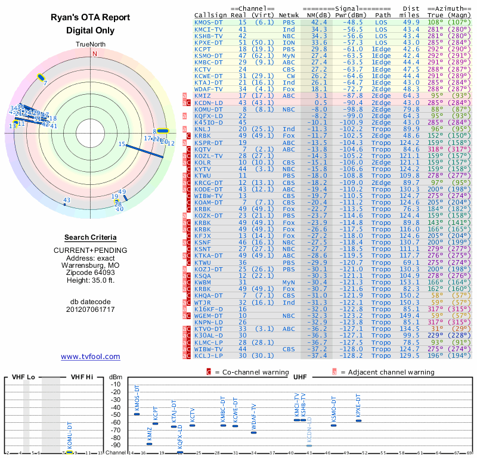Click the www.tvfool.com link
[x=90, y=357]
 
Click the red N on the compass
[x=94, y=53]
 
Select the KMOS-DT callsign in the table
[x=209, y=22]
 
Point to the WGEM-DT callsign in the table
[x=209, y=315]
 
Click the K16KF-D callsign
[x=209, y=309]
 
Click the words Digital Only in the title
[x=90, y=30]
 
